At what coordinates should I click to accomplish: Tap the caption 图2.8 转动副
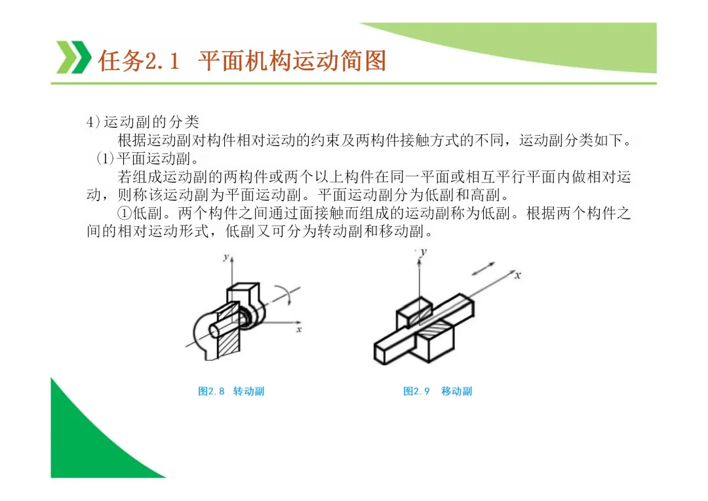(x=231, y=391)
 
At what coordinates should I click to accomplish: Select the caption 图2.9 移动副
(x=437, y=391)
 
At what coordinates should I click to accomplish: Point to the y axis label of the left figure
(x=226, y=257)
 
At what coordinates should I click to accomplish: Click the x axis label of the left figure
(x=299, y=329)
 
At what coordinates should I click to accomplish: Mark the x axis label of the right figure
(x=517, y=275)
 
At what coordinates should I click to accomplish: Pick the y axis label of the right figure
(x=423, y=252)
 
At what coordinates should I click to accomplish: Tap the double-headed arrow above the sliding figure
(x=483, y=268)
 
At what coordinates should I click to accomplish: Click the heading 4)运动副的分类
(x=143, y=121)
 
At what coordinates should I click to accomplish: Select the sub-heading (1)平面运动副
(x=148, y=159)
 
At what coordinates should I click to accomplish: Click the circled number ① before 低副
(x=124, y=212)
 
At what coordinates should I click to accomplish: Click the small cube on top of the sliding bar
(x=414, y=311)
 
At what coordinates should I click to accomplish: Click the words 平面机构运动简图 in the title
(x=292, y=61)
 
